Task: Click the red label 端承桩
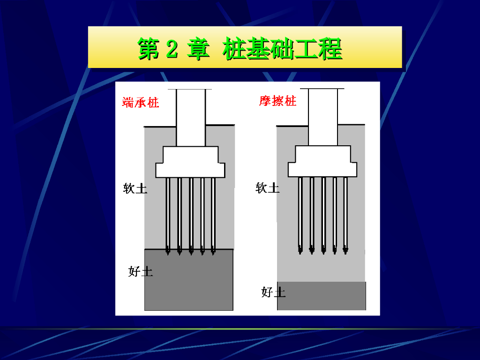(x=141, y=103)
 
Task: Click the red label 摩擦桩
(x=278, y=101)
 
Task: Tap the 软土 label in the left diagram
(x=135, y=188)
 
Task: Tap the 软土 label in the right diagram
(x=267, y=188)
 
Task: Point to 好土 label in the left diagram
(x=140, y=271)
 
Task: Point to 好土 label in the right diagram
(x=273, y=292)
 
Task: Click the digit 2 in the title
(x=172, y=49)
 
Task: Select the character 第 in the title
(x=148, y=49)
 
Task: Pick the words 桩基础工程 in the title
(x=282, y=49)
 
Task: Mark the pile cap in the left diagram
(x=190, y=162)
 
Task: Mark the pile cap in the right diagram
(x=322, y=161)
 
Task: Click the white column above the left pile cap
(x=190, y=117)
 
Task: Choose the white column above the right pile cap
(x=322, y=117)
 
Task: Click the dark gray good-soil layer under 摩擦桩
(x=322, y=296)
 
